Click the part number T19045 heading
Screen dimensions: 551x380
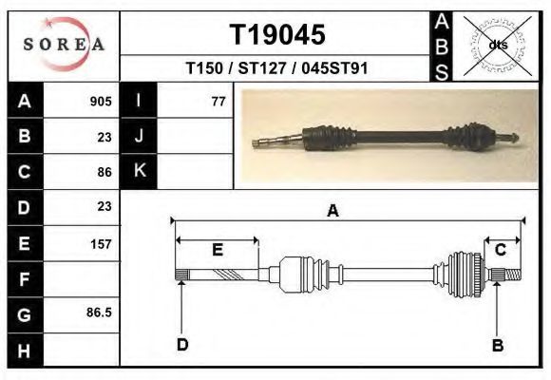277,34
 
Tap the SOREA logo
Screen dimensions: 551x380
64,44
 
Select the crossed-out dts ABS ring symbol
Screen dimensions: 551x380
497,46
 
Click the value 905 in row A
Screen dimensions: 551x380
101,102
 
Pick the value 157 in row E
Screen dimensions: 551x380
101,244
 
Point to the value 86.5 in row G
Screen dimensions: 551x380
99,313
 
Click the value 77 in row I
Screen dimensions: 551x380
218,102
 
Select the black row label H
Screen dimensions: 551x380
25,351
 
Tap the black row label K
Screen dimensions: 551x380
139,171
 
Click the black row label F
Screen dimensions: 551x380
25,279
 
